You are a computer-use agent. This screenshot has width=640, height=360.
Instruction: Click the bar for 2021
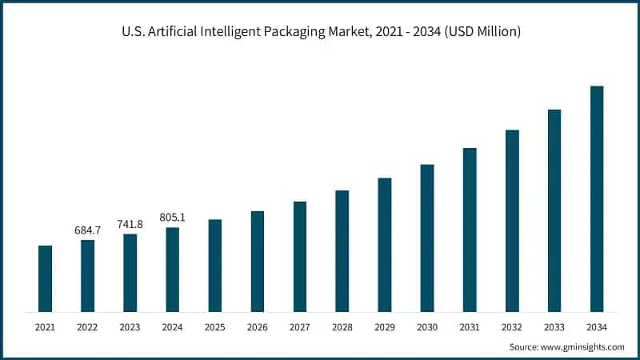click(x=45, y=278)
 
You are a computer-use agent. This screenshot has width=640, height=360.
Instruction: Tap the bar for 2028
click(x=342, y=251)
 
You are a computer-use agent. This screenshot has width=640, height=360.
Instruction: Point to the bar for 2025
click(x=214, y=266)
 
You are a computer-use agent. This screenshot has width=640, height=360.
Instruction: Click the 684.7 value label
click(x=87, y=230)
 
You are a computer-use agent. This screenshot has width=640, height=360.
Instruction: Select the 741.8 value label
click(x=130, y=224)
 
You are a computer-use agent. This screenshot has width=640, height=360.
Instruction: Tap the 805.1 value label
click(x=172, y=218)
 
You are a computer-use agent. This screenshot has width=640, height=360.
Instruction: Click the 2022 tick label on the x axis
click(x=87, y=327)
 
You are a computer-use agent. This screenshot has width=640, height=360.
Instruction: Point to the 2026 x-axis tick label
click(x=257, y=327)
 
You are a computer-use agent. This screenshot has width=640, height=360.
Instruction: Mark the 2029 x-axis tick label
click(x=384, y=327)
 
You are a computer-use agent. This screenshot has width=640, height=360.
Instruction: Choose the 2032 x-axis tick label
click(x=511, y=327)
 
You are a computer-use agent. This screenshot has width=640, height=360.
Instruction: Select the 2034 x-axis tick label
click(x=596, y=327)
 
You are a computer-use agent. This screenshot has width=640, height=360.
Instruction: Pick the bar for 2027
click(x=299, y=257)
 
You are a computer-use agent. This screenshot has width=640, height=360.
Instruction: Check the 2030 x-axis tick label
click(x=426, y=327)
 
